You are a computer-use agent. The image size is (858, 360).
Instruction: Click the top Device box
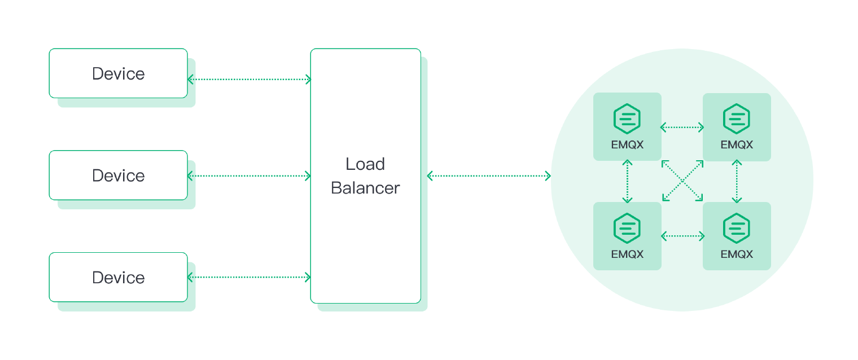coord(119,73)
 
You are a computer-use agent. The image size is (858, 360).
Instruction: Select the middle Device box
coord(119,175)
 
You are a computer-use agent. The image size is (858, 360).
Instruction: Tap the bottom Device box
coord(119,277)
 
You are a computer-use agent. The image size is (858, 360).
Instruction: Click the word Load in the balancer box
coord(365,164)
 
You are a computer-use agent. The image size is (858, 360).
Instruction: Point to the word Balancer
coord(365,188)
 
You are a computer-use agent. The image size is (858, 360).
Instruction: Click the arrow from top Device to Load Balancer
coord(249,79)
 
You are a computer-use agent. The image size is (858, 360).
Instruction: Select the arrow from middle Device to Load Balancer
coord(249,176)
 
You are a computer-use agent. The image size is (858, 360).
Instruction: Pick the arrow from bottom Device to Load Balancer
coord(249,277)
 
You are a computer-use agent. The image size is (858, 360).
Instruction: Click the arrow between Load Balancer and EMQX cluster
coord(489,176)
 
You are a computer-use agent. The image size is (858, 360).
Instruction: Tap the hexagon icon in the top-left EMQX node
coord(627,118)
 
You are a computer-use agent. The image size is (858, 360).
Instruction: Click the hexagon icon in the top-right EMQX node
coord(737,118)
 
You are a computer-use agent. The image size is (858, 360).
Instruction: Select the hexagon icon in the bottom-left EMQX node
coord(627,229)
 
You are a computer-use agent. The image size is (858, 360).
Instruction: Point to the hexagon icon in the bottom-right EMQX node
coord(737,229)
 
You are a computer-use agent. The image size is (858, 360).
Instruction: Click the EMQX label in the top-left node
coord(627,144)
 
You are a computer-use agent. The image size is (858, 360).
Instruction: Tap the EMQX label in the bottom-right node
coord(737,254)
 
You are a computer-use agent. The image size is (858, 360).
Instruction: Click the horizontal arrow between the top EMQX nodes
coord(682,127)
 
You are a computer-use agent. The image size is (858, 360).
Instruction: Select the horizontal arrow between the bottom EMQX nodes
coord(682,236)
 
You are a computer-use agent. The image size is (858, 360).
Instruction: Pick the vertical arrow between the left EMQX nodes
coord(627,181)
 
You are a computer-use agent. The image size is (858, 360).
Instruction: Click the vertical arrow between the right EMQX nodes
coord(737,181)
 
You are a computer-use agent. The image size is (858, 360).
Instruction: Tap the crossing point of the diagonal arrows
coord(682,181)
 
